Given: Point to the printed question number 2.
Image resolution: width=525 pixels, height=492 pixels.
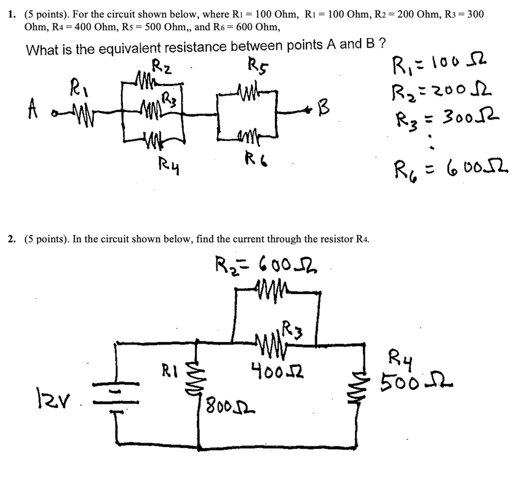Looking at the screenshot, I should coord(11,239).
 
